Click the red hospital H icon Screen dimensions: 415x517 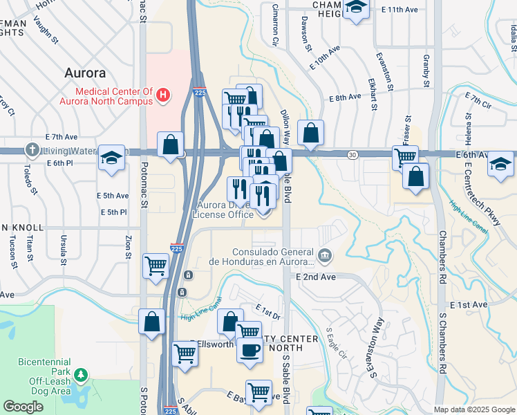[163, 94]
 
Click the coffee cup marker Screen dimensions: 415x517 [249, 349]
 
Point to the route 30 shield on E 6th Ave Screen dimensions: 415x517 [352, 153]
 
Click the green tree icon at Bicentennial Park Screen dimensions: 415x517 [82, 375]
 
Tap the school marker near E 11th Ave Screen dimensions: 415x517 [356, 9]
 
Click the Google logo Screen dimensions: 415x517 [23, 407]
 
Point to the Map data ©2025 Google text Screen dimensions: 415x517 [474, 409]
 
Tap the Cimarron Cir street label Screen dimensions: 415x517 [274, 32]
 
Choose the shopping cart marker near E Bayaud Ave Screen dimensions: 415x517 [258, 392]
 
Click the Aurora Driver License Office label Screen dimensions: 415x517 [223, 210]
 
